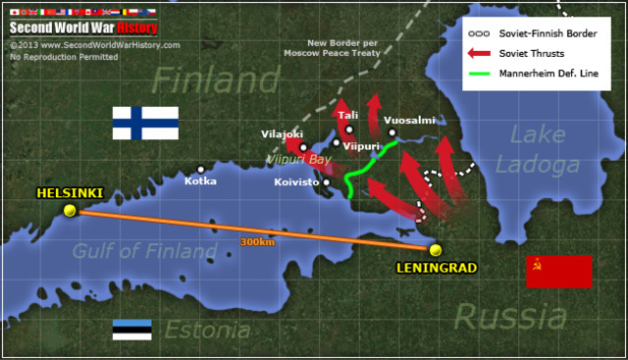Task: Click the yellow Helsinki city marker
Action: [69, 210]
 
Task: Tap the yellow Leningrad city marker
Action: [436, 249]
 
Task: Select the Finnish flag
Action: [145, 123]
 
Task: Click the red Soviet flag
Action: [558, 271]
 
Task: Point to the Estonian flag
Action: [131, 330]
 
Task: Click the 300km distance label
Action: [257, 241]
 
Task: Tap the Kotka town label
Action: [200, 180]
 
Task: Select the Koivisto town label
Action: [297, 181]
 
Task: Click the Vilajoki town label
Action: [283, 133]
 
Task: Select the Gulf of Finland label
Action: [144, 252]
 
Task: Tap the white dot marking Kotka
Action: [200, 169]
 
